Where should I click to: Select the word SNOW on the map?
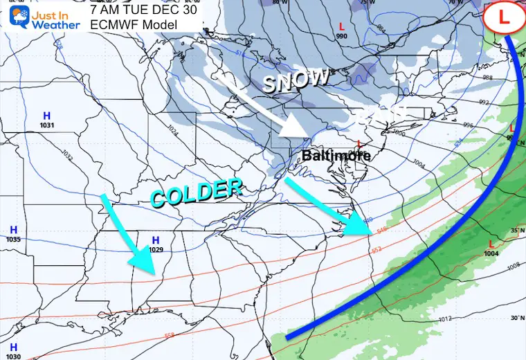[x=296, y=82]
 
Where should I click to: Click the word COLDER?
[x=197, y=192]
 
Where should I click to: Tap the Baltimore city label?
[x=336, y=156]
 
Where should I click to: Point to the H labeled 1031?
[x=46, y=116]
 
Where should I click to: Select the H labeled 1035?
[x=13, y=230]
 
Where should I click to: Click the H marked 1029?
[x=155, y=240]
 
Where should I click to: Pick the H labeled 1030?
[x=13, y=346]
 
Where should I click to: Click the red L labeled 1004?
[x=491, y=244]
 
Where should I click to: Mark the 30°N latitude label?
[x=516, y=318]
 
